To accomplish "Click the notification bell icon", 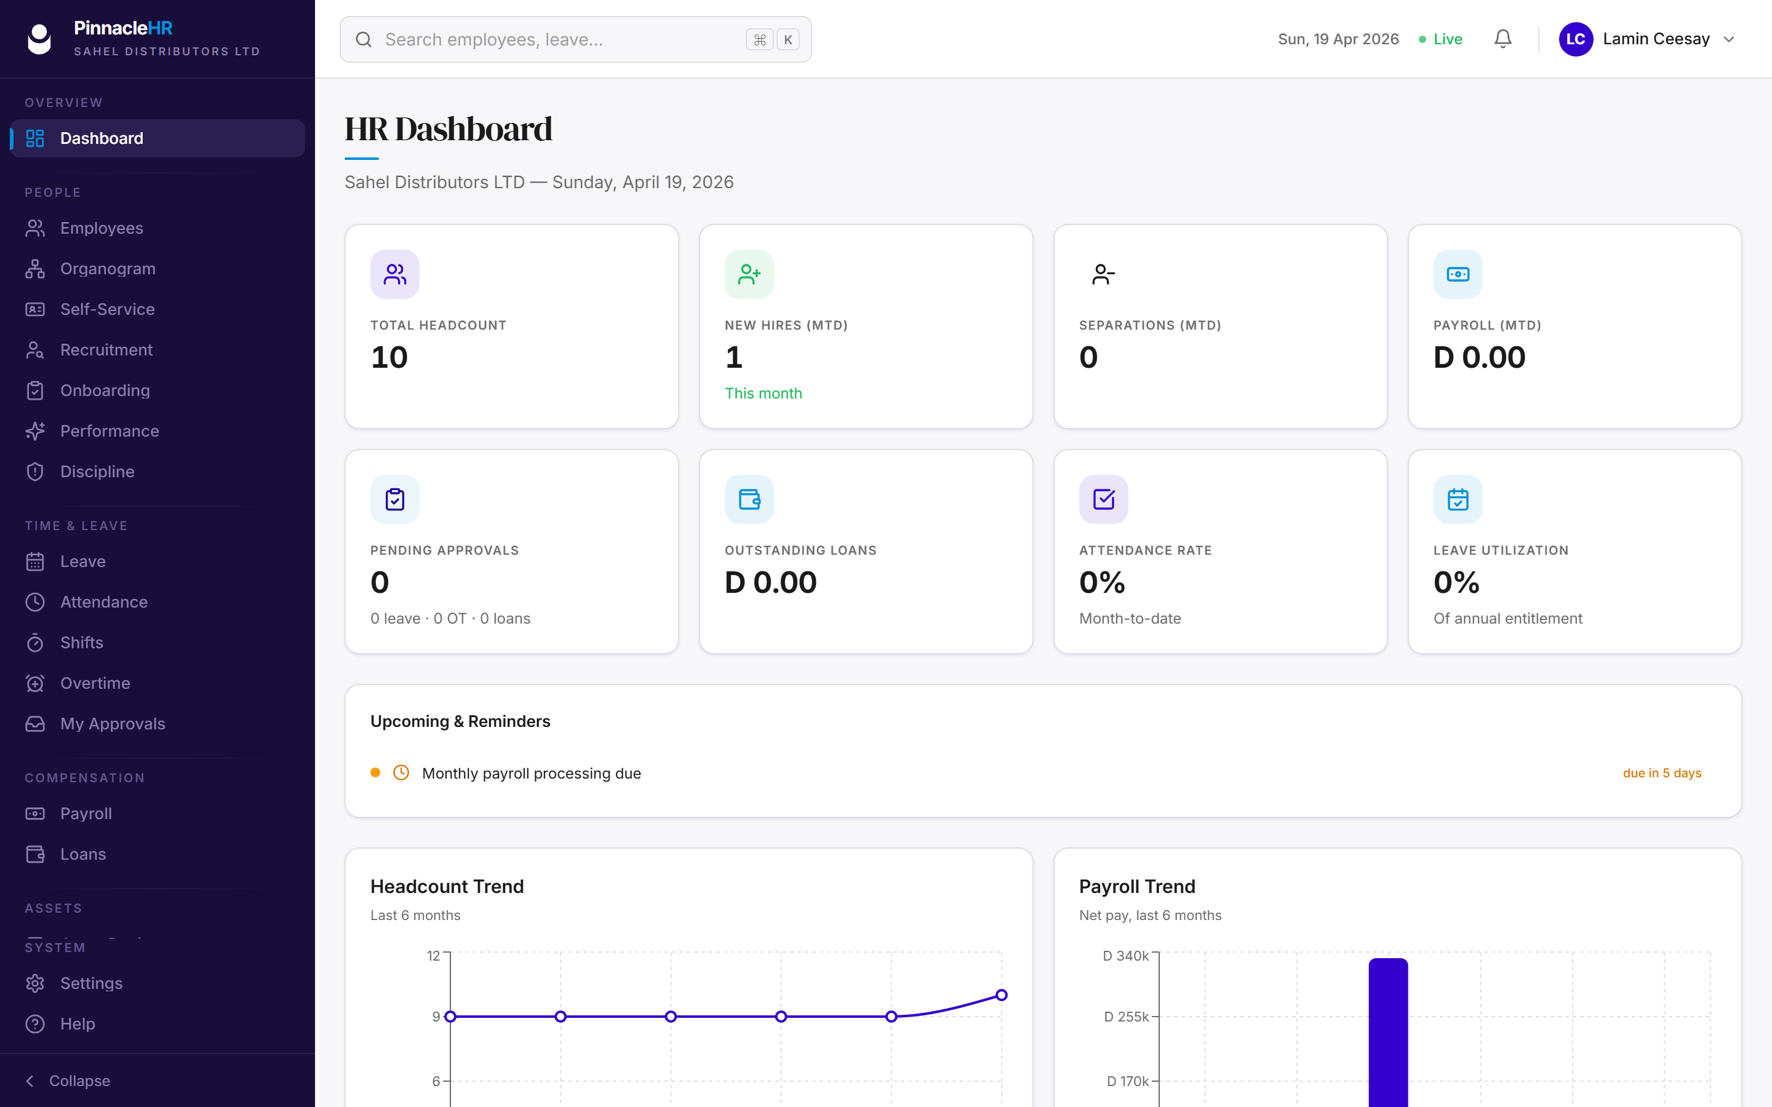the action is (1503, 39).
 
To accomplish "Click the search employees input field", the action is (575, 39).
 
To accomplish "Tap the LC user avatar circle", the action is (1576, 39).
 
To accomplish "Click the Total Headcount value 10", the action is (389, 357).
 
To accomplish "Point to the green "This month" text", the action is (763, 393).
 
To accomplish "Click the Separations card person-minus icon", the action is (1103, 274).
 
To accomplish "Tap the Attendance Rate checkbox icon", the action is (1103, 499).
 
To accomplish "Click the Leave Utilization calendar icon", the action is (1458, 499).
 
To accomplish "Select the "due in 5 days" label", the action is (1662, 773).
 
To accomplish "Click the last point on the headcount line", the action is (1002, 995).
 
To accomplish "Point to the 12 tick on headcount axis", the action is (434, 956).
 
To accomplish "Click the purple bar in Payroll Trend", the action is (1388, 1033).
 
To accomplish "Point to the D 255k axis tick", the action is (1127, 1016).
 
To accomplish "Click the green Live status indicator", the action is (1440, 39).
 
